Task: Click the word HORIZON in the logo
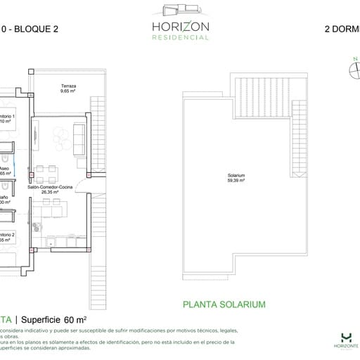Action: [180, 26]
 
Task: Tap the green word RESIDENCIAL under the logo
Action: [180, 37]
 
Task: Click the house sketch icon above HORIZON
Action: [180, 10]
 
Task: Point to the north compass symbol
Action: [354, 68]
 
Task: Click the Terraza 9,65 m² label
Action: [67, 89]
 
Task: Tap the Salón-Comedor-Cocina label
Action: [51, 188]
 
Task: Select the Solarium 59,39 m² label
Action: [236, 178]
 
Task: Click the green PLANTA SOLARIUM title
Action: [224, 304]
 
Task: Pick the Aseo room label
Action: [5, 171]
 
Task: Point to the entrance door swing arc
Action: [84, 187]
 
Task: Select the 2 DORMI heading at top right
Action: [341, 31]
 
